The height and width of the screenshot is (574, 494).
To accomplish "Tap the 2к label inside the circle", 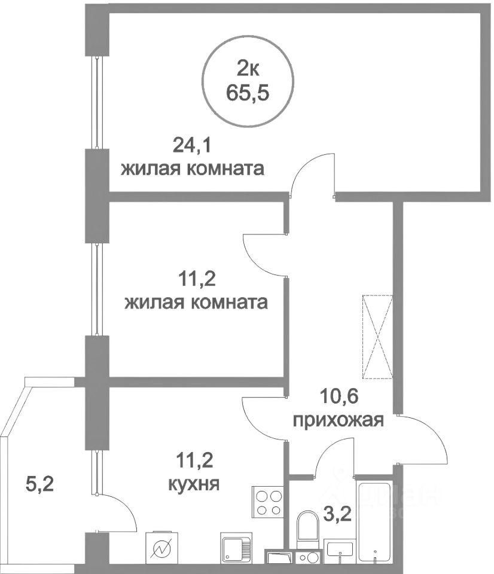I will tap(248, 70).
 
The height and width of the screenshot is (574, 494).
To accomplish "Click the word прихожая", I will tap(338, 421).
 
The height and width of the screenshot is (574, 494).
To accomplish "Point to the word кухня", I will tap(194, 482).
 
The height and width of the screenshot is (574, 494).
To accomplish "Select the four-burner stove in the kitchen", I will tap(269, 502).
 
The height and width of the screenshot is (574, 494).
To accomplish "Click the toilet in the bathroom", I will tap(309, 527).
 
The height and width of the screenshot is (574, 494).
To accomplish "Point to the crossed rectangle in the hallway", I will tap(377, 337).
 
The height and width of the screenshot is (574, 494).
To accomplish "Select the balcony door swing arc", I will tap(123, 511).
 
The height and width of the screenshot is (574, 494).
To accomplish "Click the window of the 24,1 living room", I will tap(96, 102).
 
